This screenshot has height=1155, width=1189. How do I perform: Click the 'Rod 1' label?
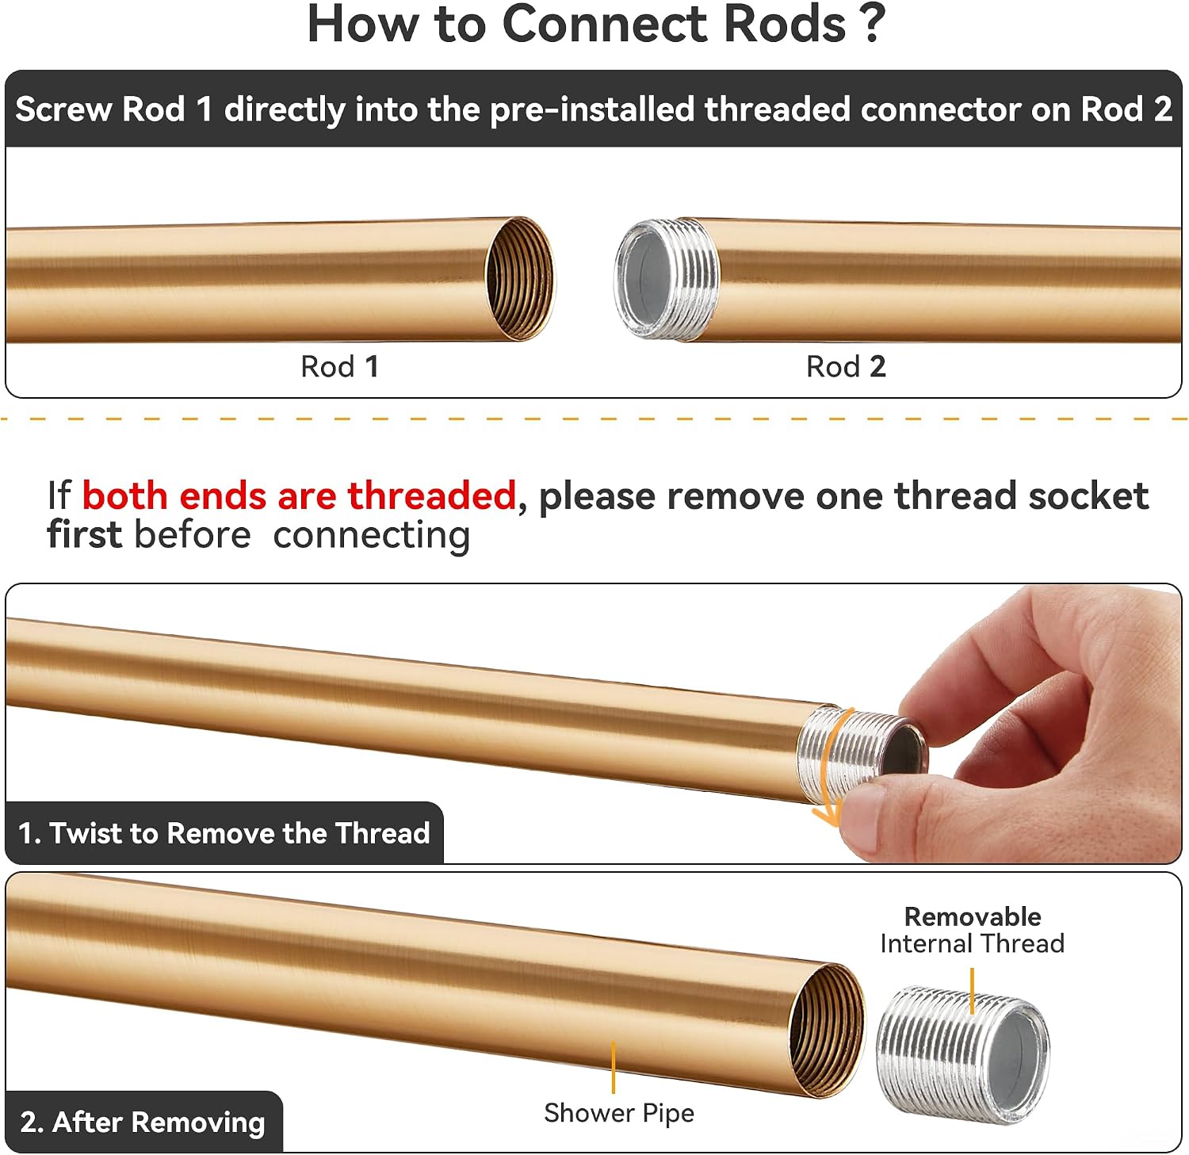click(x=339, y=366)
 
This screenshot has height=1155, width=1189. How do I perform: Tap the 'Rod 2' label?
click(x=846, y=366)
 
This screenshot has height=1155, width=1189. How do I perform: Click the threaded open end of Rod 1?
click(x=520, y=279)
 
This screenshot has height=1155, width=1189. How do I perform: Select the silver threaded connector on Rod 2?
click(x=667, y=279)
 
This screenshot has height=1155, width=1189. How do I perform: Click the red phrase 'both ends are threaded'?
click(x=299, y=496)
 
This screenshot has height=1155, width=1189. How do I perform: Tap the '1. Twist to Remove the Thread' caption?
click(x=224, y=833)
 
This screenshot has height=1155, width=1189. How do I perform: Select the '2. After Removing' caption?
click(x=143, y=1122)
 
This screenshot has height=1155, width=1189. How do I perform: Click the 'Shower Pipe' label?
click(x=619, y=1113)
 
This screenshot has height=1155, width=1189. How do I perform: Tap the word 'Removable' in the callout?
click(x=973, y=916)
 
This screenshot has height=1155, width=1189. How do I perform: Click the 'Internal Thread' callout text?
click(x=973, y=943)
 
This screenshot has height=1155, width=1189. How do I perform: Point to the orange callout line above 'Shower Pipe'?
click(x=613, y=1068)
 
